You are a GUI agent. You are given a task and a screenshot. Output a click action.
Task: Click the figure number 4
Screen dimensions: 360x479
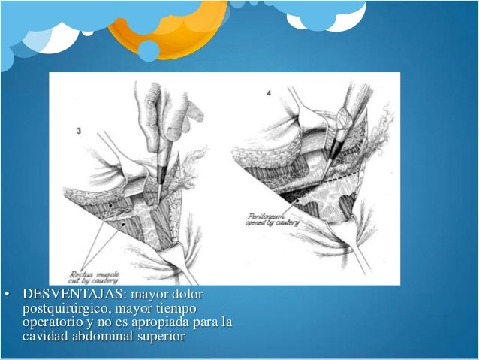coord(270,93)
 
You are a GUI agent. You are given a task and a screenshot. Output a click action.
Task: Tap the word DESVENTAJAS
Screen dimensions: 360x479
coord(65,293)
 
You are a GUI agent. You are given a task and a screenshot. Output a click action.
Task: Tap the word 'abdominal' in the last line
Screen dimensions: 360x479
coord(98,336)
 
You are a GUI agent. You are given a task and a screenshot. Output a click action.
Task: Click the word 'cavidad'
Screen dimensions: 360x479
coord(44,336)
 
